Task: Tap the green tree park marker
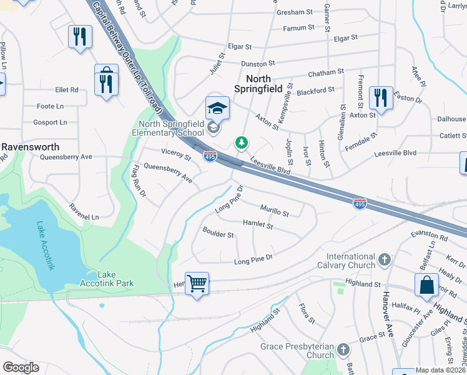pos(241,143)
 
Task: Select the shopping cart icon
pos(197,284)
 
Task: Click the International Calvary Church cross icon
pos(385,259)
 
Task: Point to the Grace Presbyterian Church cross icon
pos(343,350)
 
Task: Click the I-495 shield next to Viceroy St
pos(210,157)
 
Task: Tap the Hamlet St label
pos(257,224)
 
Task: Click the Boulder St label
pos(218,234)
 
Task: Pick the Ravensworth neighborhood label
pos(30,147)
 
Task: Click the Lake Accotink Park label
pos(107,279)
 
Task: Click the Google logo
pos(21,367)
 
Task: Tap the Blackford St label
pos(316,91)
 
